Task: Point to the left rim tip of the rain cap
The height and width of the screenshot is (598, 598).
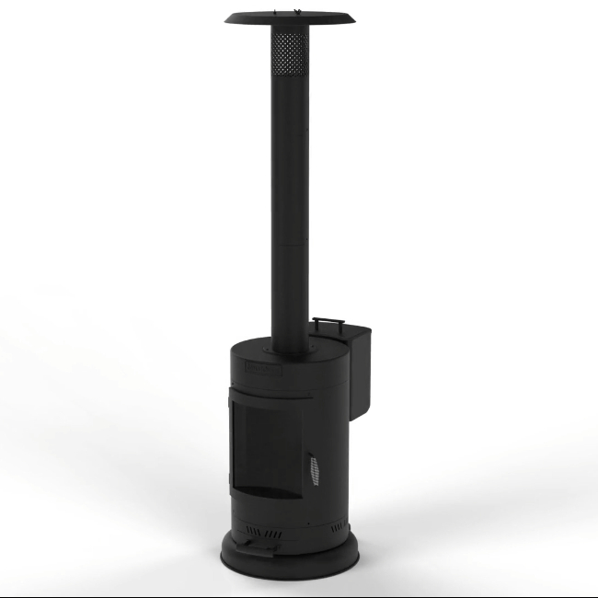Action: tap(225, 17)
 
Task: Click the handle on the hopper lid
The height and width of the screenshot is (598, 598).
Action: tap(328, 322)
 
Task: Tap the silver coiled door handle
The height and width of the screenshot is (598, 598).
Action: tap(316, 470)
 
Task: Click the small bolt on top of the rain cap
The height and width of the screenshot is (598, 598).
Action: tap(295, 13)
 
